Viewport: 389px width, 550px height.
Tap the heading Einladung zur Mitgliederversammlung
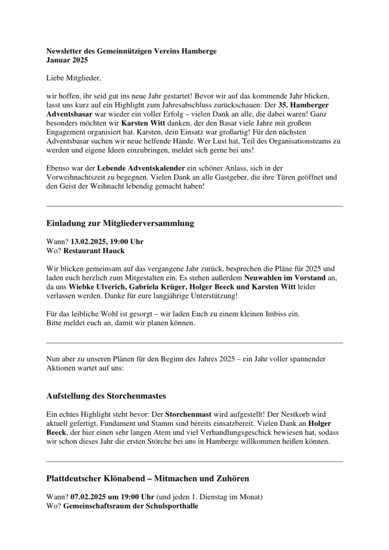120,222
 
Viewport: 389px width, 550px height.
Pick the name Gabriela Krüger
155,287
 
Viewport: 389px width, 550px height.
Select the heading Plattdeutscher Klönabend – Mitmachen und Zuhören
147,477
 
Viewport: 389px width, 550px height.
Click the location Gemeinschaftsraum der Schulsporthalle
131,505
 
